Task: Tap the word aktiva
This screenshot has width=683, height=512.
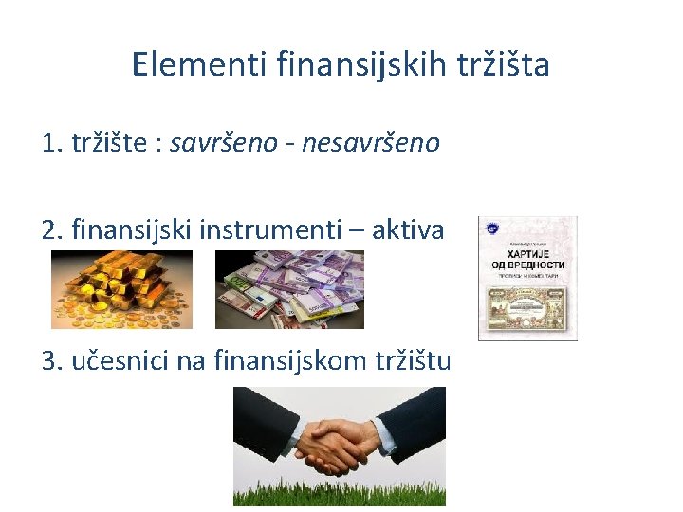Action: (x=408, y=229)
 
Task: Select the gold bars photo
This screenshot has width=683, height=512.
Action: (x=121, y=289)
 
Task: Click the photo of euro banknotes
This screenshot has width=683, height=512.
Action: (x=289, y=289)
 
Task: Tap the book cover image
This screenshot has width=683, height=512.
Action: (x=527, y=278)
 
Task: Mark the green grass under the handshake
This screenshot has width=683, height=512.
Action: (x=340, y=495)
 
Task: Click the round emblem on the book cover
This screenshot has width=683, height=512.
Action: (x=491, y=229)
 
